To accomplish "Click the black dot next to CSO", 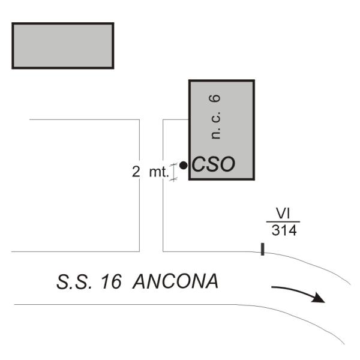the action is point(183,165).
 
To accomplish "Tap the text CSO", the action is point(212,165).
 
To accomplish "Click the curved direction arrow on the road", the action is point(298,293).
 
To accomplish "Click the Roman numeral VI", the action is point(283,214).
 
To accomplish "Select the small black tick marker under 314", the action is point(263,249).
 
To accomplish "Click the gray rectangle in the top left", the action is point(63,46).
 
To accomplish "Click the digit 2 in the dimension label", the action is point(136,172).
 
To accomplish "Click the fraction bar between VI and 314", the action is point(283,222).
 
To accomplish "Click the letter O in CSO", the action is point(226,165).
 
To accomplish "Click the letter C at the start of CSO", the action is point(199,165).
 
